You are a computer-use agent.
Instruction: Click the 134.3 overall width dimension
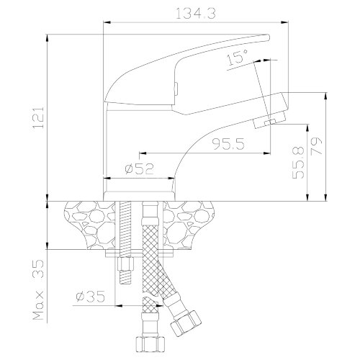click(196, 14)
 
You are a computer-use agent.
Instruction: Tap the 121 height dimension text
click(38, 117)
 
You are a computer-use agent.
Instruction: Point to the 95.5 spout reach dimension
click(228, 144)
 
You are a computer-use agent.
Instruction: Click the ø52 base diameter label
click(139, 168)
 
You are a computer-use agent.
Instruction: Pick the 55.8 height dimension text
click(298, 163)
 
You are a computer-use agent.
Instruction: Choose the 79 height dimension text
click(316, 147)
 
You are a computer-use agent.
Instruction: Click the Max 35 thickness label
click(38, 289)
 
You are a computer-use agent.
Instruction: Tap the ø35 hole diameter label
click(90, 297)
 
